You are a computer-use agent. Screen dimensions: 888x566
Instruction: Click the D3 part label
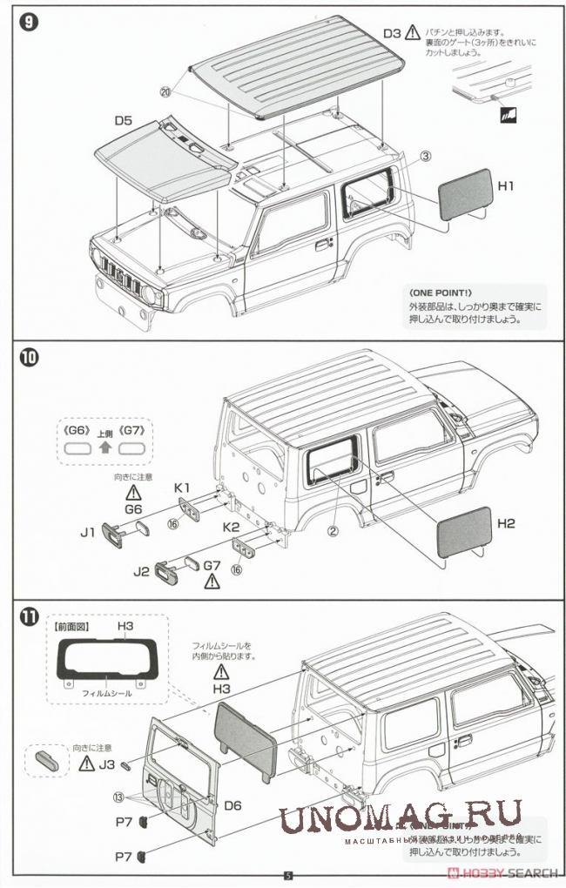tap(392, 33)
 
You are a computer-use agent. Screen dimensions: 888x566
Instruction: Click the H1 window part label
tap(507, 185)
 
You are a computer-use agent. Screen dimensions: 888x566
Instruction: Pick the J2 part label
tap(141, 572)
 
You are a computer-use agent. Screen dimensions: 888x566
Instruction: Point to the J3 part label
tap(107, 764)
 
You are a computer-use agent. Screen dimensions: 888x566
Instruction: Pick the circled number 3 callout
tap(425, 157)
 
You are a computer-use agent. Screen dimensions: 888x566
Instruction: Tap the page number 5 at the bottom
tap(288, 877)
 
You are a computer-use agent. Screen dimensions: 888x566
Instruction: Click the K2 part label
tap(231, 528)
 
